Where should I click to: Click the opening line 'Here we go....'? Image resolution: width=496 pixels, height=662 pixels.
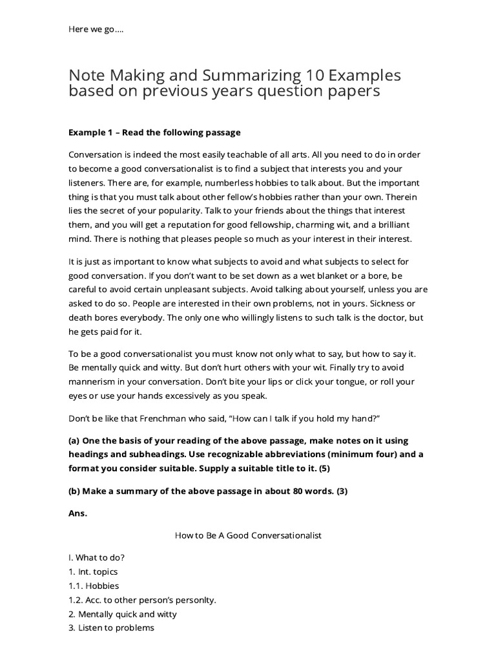click(x=96, y=30)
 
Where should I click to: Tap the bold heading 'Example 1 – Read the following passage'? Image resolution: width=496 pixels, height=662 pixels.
click(x=154, y=133)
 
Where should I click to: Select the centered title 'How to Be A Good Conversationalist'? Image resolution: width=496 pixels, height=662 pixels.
click(x=248, y=535)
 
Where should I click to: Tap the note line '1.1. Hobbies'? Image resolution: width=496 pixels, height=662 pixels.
click(x=94, y=586)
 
